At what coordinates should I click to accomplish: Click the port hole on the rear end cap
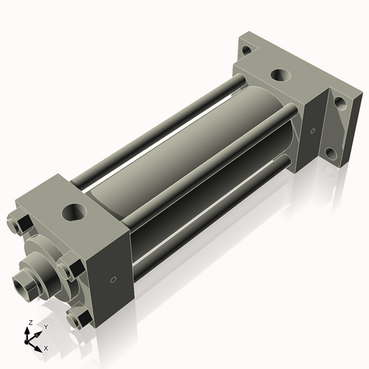point(280,75)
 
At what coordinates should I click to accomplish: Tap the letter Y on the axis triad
point(44,327)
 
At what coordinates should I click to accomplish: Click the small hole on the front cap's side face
point(112,280)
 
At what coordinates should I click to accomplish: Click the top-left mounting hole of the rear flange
point(246,51)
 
